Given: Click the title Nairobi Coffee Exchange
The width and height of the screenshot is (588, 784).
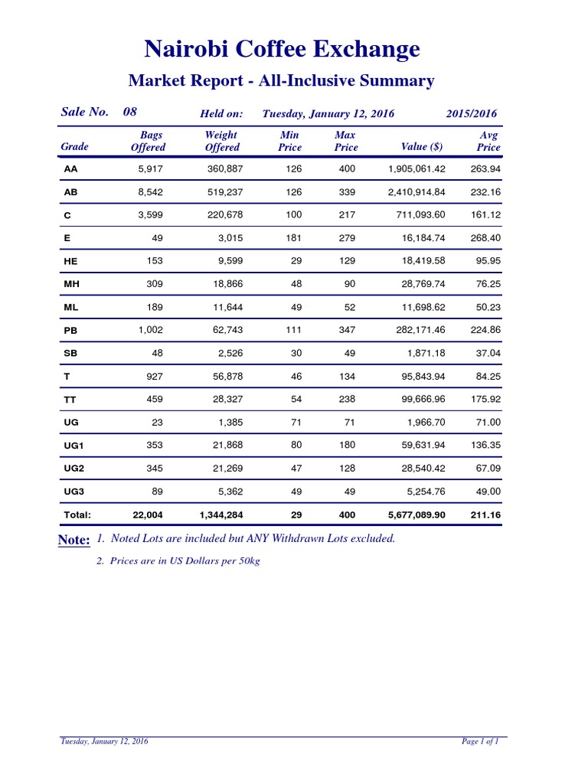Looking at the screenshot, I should coord(282,50).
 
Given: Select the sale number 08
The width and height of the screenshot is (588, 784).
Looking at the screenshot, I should coord(130,112).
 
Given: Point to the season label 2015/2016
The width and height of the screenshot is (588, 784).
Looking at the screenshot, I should coord(471,114).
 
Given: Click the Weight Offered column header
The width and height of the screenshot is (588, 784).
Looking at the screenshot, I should coord(222,142).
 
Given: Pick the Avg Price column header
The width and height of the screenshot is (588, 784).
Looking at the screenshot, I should coord(488,142).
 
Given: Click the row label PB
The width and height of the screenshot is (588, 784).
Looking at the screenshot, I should coord(70,331).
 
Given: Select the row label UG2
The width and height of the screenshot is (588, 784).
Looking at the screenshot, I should coord(74,469).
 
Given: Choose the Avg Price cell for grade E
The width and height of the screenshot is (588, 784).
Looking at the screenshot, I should coord(485,238).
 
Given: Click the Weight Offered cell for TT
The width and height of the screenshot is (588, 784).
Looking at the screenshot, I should coord(227,399).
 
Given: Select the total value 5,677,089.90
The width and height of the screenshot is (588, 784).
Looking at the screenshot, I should coord(411,515).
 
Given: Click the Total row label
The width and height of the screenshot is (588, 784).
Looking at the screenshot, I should coord(77,515).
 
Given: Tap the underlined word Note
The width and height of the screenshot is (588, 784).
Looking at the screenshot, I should coord(74,541).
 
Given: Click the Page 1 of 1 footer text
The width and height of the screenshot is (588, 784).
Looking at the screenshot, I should coord(480,741).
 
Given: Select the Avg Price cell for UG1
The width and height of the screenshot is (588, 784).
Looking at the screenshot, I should coord(485,445).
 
